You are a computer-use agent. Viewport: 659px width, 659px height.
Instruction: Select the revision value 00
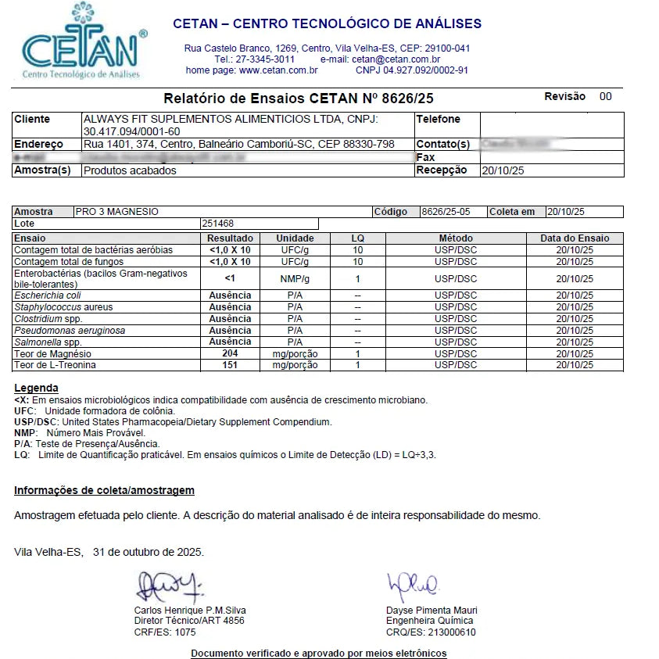[606, 97]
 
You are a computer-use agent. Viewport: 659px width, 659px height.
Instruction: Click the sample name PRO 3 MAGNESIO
[117, 212]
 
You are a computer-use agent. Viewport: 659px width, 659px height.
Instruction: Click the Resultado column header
[230, 238]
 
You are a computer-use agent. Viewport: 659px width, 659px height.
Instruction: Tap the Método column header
[456, 238]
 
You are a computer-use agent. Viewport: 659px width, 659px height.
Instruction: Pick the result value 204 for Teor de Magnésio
[230, 353]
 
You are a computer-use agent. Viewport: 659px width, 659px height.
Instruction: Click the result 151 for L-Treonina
[230, 365]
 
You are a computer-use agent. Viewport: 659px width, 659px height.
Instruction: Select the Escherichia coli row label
[48, 295]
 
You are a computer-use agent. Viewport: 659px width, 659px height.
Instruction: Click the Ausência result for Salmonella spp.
[230, 342]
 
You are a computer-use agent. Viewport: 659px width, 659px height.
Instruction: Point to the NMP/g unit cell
[295, 279]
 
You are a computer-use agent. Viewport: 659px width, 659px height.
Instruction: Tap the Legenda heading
[36, 389]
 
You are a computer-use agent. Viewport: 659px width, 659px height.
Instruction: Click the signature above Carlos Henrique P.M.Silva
[167, 586]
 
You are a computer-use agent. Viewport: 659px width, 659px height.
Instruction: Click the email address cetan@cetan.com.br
[396, 59]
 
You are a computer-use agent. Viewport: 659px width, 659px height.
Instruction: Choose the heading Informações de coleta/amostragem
[104, 491]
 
